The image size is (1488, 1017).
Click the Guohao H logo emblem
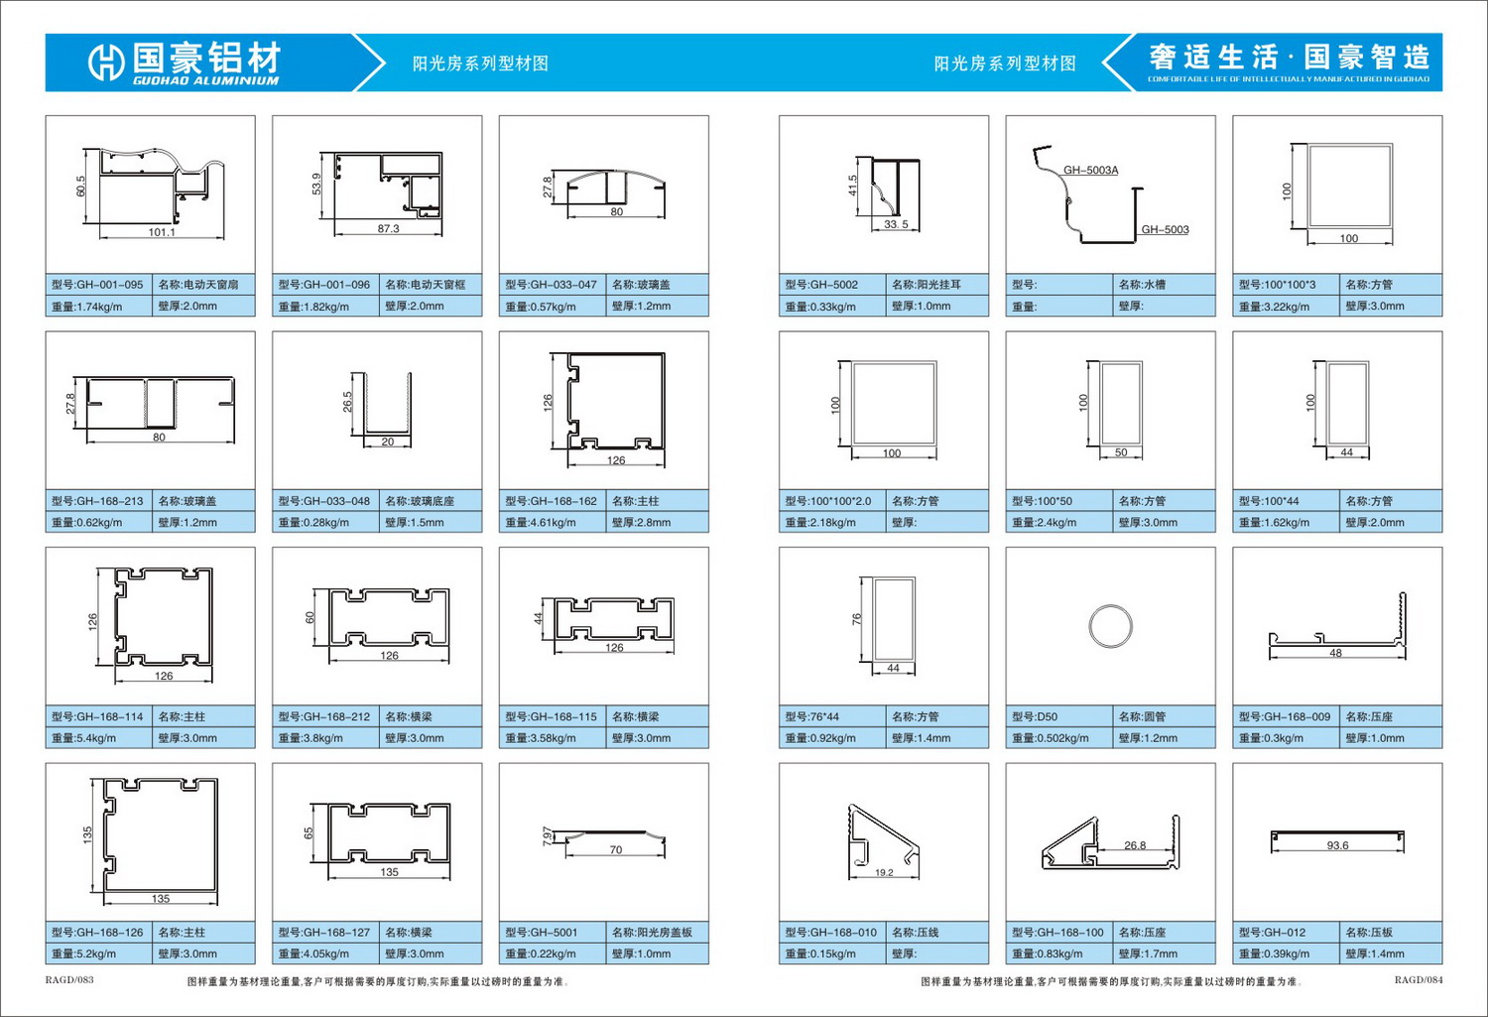click(105, 64)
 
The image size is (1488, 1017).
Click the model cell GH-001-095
click(98, 285)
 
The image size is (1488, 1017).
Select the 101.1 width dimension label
click(162, 232)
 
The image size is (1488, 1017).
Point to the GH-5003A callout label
click(1091, 170)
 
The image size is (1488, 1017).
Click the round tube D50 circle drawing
click(1111, 626)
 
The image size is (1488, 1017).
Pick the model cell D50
click(1058, 716)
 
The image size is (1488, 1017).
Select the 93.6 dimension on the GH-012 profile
click(1337, 845)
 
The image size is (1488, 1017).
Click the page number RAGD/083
click(69, 980)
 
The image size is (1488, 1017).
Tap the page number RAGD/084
click(1419, 980)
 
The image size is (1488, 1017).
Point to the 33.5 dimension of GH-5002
click(896, 224)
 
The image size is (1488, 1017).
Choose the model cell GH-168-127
click(325, 932)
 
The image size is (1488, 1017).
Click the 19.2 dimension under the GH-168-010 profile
click(884, 872)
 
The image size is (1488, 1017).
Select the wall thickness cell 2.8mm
click(657, 522)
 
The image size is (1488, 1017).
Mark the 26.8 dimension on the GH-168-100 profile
click(1135, 845)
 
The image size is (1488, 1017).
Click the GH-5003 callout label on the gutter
click(1166, 230)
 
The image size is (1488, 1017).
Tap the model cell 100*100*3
click(1286, 285)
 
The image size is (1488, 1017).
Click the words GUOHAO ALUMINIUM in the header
click(206, 81)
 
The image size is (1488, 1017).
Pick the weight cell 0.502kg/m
click(1058, 738)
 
